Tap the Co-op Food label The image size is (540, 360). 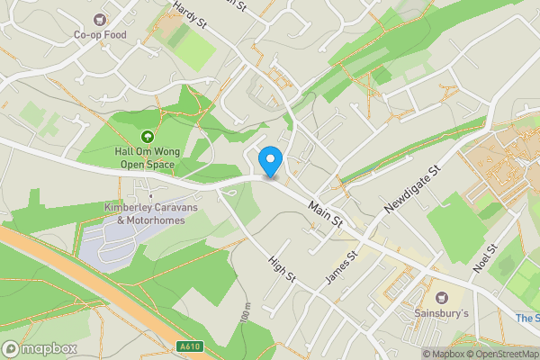point(100,35)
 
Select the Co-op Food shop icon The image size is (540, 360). point(100,19)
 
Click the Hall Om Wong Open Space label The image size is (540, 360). point(145,158)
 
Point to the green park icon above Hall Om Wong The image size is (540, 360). point(145,137)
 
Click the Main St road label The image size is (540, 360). point(325,212)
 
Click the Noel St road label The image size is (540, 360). point(486,259)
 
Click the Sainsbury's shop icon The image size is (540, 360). point(441,296)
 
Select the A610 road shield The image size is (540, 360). point(188,346)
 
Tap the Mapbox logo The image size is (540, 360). point(40,348)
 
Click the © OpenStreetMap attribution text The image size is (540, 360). point(504,354)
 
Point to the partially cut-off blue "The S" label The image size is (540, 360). point(526,318)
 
